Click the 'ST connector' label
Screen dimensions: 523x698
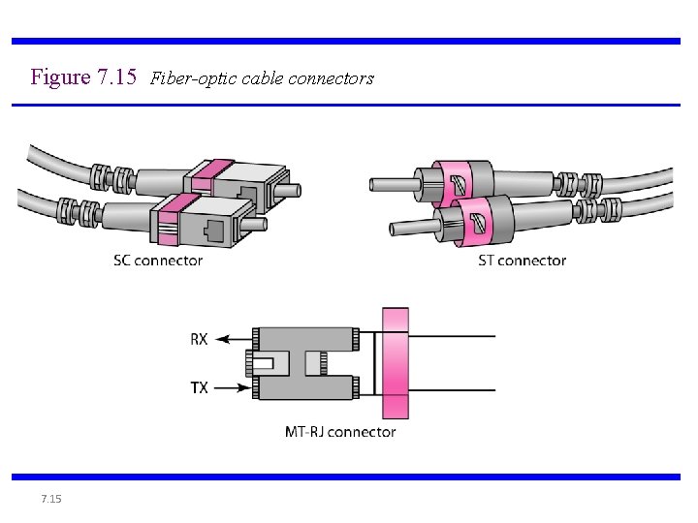(522, 260)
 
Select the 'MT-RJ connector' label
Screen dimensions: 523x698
(340, 432)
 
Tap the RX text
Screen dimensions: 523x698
(199, 339)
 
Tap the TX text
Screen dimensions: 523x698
(199, 388)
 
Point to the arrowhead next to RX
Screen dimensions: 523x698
(220, 339)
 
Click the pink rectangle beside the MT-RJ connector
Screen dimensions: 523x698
(396, 363)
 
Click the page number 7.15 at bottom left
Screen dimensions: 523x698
(51, 499)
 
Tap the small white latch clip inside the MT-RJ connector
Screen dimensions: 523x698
(263, 363)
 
